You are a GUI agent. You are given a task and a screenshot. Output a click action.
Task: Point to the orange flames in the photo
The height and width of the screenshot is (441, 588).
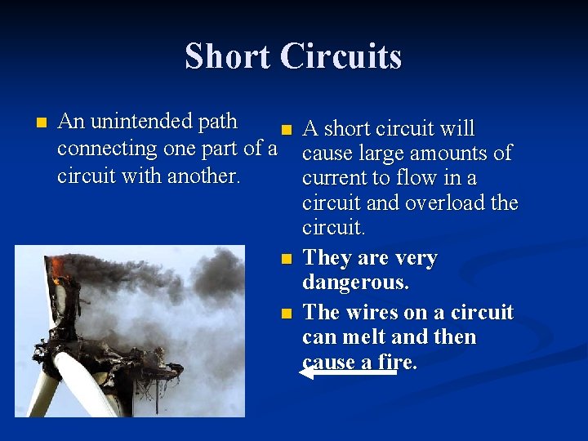[x=57, y=266]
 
